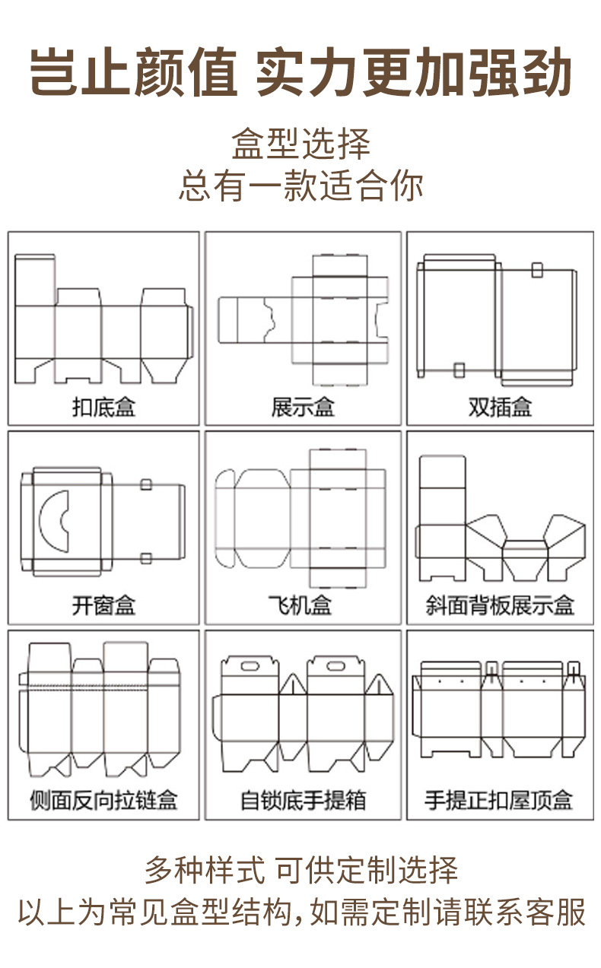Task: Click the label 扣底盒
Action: click(103, 407)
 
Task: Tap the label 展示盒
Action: click(303, 407)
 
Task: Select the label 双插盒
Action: click(500, 407)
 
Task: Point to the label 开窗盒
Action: click(103, 605)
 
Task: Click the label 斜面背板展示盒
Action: click(500, 605)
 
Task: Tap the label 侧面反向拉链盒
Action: click(103, 800)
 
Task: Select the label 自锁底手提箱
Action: click(303, 800)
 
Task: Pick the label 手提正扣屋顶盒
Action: click(500, 800)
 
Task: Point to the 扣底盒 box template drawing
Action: click(103, 319)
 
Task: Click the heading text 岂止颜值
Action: click(134, 74)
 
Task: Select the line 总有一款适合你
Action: click(301, 185)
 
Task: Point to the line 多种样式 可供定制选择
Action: click(301, 869)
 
